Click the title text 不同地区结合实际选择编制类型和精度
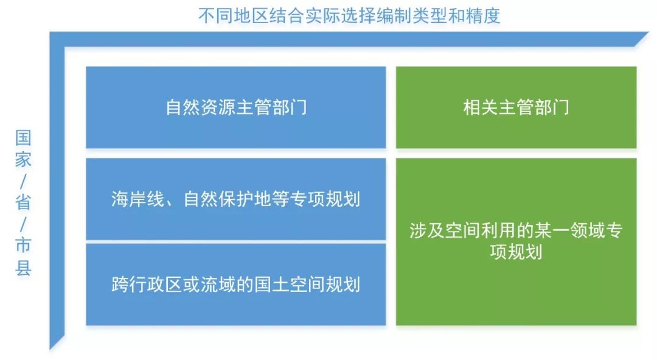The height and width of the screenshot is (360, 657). tap(349, 15)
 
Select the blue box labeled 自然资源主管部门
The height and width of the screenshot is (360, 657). tap(235, 107)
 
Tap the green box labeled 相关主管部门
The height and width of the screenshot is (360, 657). tap(516, 107)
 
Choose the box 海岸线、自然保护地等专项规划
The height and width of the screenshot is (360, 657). tap(235, 199)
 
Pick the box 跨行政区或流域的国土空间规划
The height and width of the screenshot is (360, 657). tap(235, 284)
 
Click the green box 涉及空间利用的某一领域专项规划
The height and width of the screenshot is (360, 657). tap(516, 241)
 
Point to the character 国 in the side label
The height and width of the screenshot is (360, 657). tap(23, 137)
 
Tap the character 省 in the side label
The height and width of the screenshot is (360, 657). tap(23, 202)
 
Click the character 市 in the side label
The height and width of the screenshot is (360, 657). tap(23, 245)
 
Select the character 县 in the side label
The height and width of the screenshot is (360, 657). tap(23, 267)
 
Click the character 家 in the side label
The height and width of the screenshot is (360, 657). tap(23, 159)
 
